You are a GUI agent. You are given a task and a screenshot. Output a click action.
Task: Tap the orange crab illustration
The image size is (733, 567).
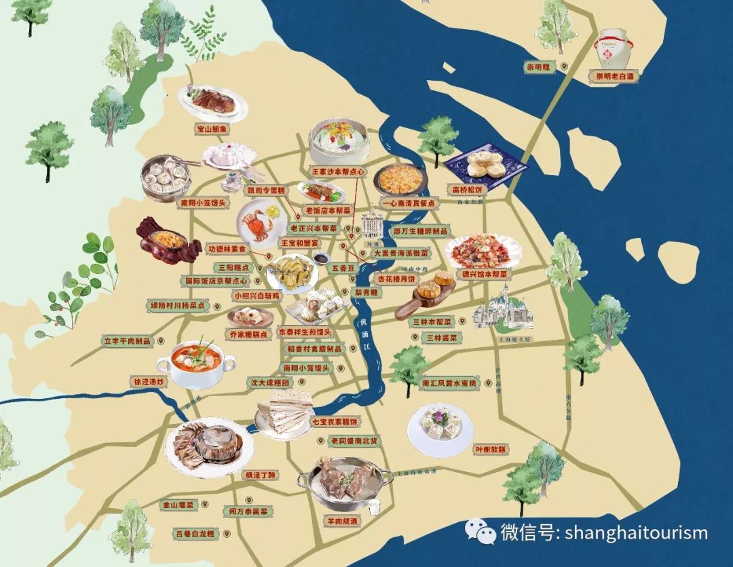tap(259, 224)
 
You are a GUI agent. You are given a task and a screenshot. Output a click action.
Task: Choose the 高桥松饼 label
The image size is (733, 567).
tap(468, 189)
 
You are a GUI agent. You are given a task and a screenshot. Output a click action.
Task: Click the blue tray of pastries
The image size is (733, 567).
tap(487, 165)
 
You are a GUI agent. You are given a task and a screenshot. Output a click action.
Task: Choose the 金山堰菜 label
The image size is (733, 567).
tap(177, 505)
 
